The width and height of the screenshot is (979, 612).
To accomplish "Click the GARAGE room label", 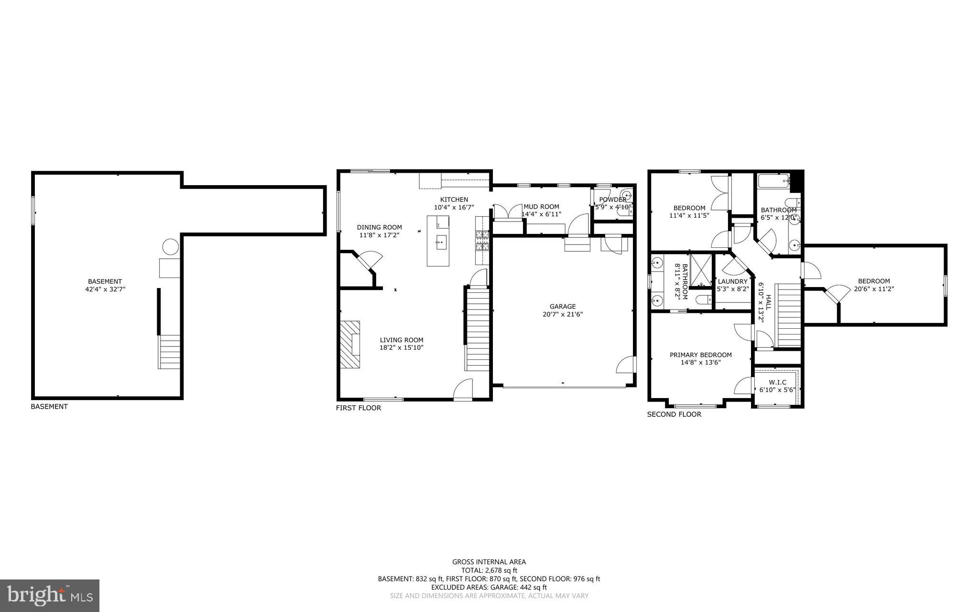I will tap(562, 306).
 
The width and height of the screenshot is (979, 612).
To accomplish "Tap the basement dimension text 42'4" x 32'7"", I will tap(105, 289).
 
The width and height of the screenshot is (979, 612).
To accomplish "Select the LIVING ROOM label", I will tap(402, 340).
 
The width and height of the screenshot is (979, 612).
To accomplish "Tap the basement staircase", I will tap(169, 351).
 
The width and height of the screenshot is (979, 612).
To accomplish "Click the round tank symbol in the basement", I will tap(170, 247).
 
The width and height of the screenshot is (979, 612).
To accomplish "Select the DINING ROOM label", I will tap(379, 227).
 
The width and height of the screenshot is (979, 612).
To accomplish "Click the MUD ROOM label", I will tap(541, 207).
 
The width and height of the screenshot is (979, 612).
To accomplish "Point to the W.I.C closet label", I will tap(777, 382).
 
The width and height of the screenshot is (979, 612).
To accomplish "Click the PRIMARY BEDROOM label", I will tap(700, 355).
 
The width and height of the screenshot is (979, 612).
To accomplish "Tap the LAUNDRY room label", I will tap(732, 281).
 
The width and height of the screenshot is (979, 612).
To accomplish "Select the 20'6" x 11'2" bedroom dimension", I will tap(874, 289).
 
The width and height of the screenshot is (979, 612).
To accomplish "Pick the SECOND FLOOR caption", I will tap(674, 414).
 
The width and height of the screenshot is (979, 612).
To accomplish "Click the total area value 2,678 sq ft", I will tap(501, 570).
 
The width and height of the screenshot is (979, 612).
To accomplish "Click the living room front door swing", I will tap(463, 389).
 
